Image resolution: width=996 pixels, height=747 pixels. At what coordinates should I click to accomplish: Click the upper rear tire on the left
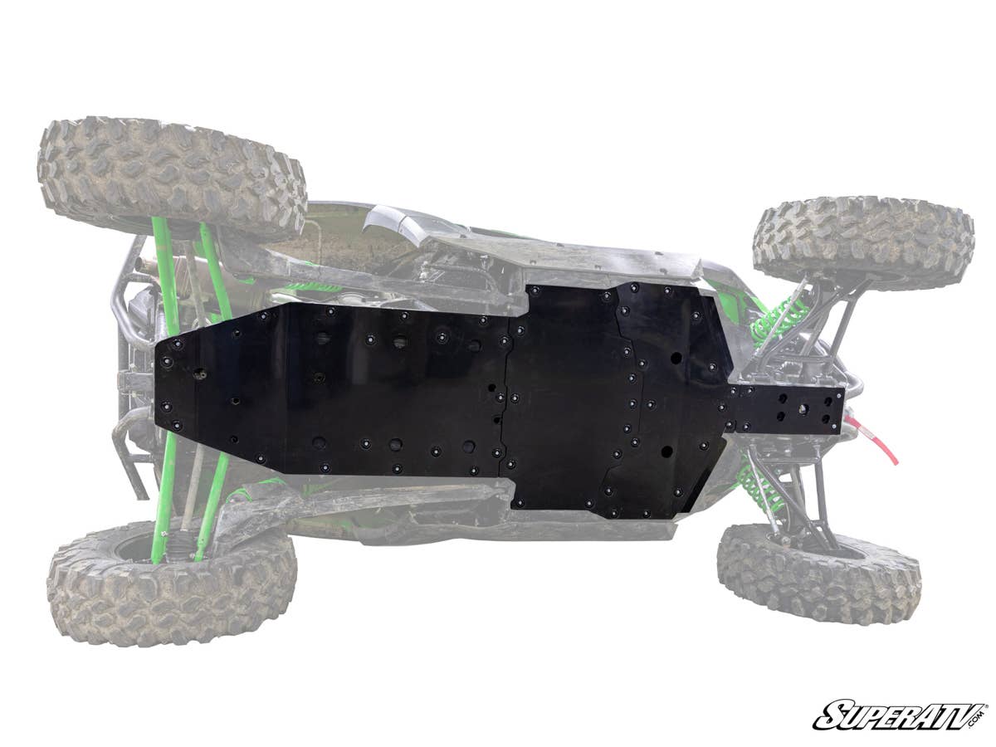tap(170, 176)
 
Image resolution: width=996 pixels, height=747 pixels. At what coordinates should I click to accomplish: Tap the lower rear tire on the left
tap(170, 585)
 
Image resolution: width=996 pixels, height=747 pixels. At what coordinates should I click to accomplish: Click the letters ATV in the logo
tap(946, 714)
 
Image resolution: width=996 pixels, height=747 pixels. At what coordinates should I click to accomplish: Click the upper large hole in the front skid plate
tap(676, 359)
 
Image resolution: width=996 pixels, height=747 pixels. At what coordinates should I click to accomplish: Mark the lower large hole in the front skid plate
tap(666, 452)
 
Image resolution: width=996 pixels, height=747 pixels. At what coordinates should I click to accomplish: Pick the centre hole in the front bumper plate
tap(803, 409)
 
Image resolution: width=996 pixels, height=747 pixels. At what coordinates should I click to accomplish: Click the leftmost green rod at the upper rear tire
tap(163, 249)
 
